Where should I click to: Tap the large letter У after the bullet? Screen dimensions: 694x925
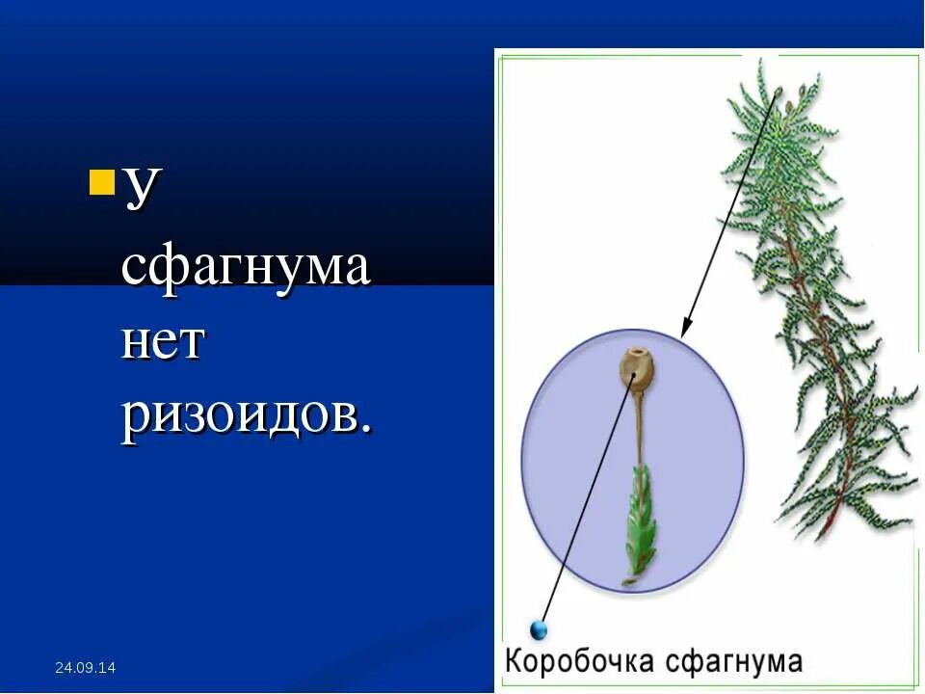click(141, 185)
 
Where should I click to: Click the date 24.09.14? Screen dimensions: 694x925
click(85, 667)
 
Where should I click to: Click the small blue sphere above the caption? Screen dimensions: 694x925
click(540, 630)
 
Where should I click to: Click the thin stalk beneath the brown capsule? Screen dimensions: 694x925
click(638, 424)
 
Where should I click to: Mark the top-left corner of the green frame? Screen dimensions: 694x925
click(499, 57)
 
